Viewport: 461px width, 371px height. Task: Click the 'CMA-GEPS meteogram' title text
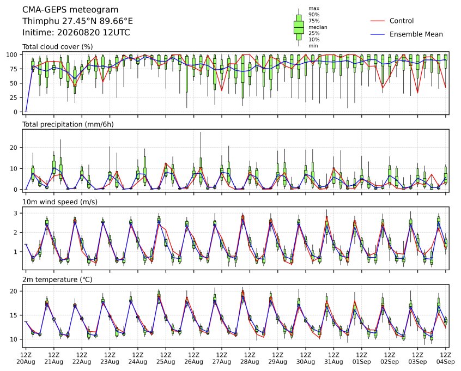point(70,10)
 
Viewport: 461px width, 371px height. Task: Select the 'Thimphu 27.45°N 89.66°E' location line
point(77,21)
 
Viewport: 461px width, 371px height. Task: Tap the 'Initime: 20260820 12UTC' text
point(76,32)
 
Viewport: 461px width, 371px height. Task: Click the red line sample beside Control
point(378,21)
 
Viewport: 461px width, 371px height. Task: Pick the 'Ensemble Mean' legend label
point(416,34)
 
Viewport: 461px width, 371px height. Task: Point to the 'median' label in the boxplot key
point(318,27)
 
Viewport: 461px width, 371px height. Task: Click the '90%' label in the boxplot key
point(314,15)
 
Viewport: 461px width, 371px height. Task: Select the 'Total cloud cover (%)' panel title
point(58,47)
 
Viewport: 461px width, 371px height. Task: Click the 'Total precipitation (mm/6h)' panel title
point(68,124)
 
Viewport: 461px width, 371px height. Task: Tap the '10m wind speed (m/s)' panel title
point(60,202)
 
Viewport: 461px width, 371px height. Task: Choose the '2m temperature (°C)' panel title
point(57,279)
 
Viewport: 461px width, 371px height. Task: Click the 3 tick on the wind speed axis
point(16,213)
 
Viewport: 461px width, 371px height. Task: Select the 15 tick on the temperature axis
point(14,315)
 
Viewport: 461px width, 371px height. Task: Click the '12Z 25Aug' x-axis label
point(166,358)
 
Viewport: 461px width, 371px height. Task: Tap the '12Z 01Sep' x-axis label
point(362,358)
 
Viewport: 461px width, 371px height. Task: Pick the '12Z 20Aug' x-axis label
point(26,358)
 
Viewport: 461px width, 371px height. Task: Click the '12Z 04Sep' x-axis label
point(445,358)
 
